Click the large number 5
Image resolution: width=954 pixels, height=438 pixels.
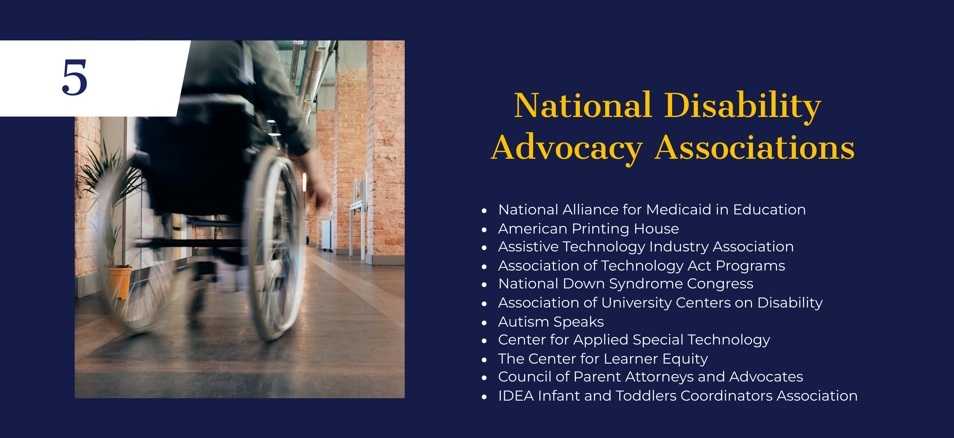pyautogui.click(x=75, y=77)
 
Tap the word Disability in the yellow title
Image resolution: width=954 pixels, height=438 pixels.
pyautogui.click(x=743, y=106)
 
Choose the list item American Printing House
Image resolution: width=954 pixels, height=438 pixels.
pyautogui.click(x=588, y=229)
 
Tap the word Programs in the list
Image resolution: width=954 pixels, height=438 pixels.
pyautogui.click(x=750, y=266)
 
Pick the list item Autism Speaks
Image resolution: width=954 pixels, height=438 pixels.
pyautogui.click(x=551, y=321)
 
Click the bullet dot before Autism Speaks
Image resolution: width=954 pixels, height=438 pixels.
pyautogui.click(x=484, y=323)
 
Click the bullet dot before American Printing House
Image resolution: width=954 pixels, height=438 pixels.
pyautogui.click(x=484, y=230)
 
